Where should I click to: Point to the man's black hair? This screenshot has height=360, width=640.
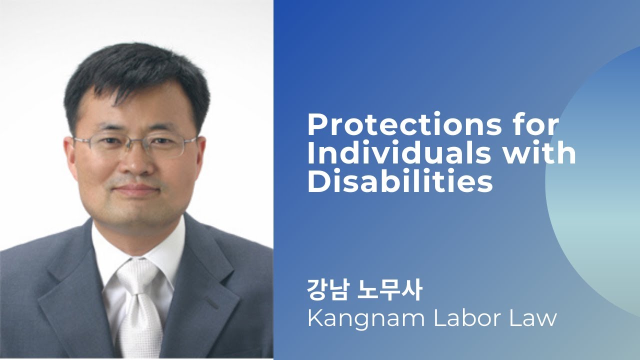[135, 75]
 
